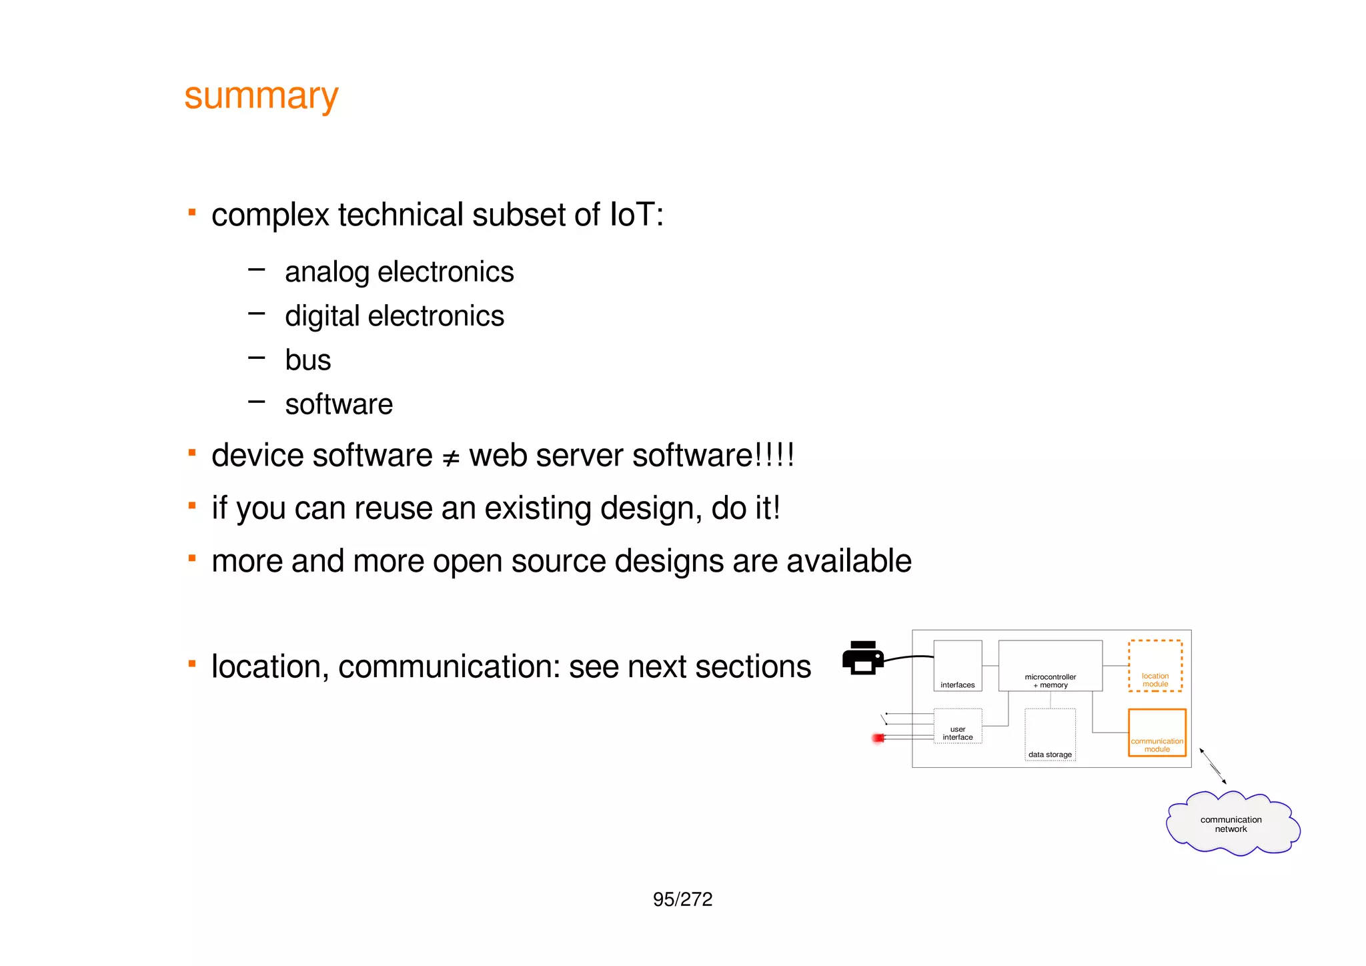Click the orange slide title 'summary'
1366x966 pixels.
pyautogui.click(x=261, y=97)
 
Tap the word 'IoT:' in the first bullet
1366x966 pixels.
pyautogui.click(x=636, y=215)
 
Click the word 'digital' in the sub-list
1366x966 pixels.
pyautogui.click(x=322, y=317)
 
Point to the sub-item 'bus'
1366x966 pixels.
pyautogui.click(x=307, y=360)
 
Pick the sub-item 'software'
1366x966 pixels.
pyautogui.click(x=339, y=404)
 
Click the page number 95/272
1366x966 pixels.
pyautogui.click(x=682, y=899)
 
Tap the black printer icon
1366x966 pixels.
pyautogui.click(x=862, y=658)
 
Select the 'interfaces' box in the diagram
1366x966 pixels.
pyautogui.click(x=957, y=665)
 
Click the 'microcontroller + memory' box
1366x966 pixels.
pyautogui.click(x=1050, y=665)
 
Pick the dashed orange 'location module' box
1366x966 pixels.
pyautogui.click(x=1155, y=665)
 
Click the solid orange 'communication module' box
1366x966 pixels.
pyautogui.click(x=1157, y=732)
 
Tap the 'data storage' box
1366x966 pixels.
pyautogui.click(x=1050, y=735)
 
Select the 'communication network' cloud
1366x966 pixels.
pyautogui.click(x=1231, y=824)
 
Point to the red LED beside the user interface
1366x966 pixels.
pyautogui.click(x=878, y=738)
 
